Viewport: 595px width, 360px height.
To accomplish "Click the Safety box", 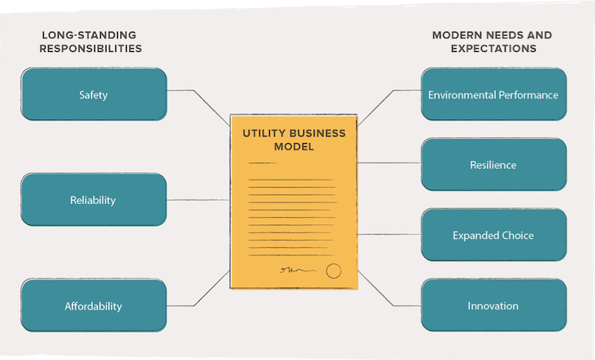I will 93,94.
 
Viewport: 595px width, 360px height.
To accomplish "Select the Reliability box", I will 93,200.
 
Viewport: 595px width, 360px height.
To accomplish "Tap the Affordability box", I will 93,306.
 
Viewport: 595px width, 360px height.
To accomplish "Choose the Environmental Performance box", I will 493,94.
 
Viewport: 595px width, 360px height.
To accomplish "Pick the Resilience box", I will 493,165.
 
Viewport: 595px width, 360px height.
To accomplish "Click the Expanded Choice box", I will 493,235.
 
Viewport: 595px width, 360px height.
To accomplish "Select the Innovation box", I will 493,306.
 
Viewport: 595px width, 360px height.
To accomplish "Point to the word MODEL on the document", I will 295,147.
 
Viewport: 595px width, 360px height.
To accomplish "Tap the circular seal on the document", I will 333,271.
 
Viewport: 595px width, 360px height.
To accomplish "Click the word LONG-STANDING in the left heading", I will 89,35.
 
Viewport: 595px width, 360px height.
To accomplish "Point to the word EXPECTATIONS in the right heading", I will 493,49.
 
